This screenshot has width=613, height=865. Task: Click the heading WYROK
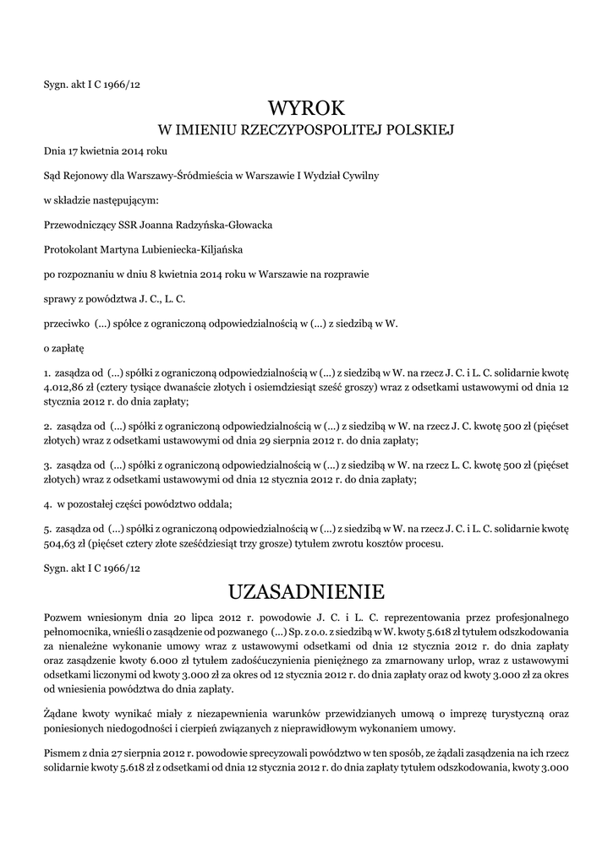[x=306, y=107]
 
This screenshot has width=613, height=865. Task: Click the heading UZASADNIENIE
[x=306, y=589]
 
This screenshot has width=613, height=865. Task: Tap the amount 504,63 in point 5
[x=61, y=544]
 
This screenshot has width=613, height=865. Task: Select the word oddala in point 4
[x=215, y=504]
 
